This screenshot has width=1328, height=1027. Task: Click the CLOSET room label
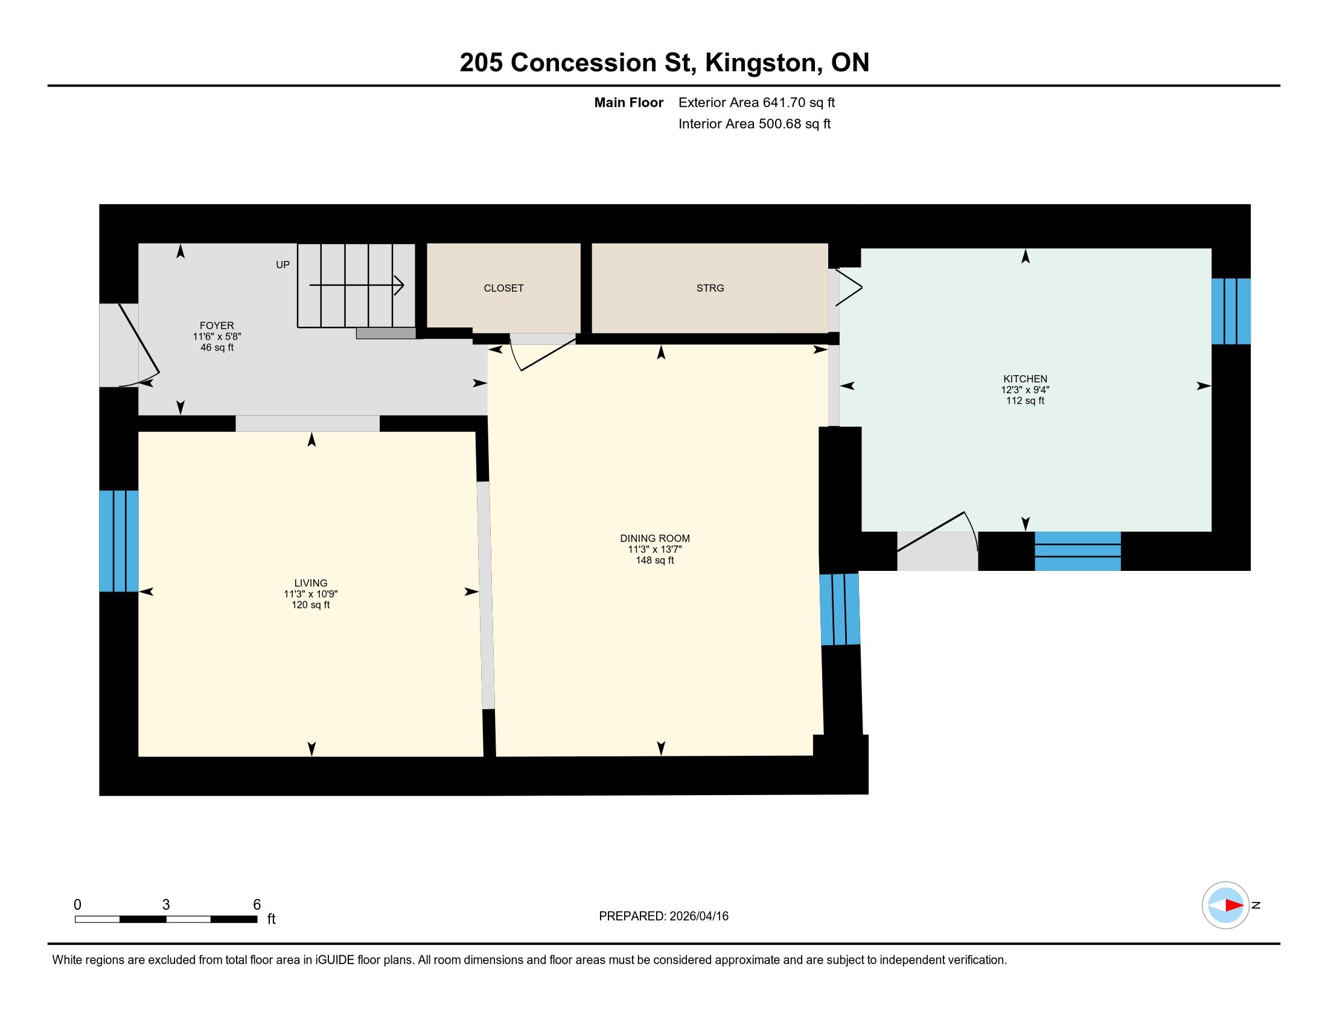tap(503, 288)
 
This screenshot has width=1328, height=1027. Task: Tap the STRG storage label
tap(710, 288)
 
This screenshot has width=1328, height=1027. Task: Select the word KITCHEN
tap(1025, 379)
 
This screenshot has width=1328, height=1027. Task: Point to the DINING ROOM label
tap(655, 538)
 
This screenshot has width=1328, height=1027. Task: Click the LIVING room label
tap(311, 584)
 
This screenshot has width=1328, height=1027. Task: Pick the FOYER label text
tap(217, 326)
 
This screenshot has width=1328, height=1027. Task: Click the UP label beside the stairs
tap(283, 265)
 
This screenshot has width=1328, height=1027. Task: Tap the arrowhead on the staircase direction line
tap(399, 285)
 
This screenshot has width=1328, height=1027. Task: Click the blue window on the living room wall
tap(118, 541)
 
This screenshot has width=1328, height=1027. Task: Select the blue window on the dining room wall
tap(840, 609)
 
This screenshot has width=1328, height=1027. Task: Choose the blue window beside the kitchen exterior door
tap(1077, 551)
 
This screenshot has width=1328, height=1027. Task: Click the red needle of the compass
tap(1234, 906)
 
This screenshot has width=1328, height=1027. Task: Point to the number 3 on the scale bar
tap(166, 905)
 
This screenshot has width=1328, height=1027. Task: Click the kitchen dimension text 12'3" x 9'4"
tap(1025, 390)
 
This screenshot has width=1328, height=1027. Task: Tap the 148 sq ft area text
tap(655, 561)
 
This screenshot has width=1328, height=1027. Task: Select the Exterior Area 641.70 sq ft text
tap(756, 103)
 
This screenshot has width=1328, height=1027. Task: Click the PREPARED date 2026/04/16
tap(698, 916)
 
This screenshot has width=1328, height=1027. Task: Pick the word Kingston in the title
tap(761, 63)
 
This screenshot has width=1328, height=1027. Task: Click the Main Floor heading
tap(629, 103)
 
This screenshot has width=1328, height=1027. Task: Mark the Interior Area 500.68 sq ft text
tap(755, 124)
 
